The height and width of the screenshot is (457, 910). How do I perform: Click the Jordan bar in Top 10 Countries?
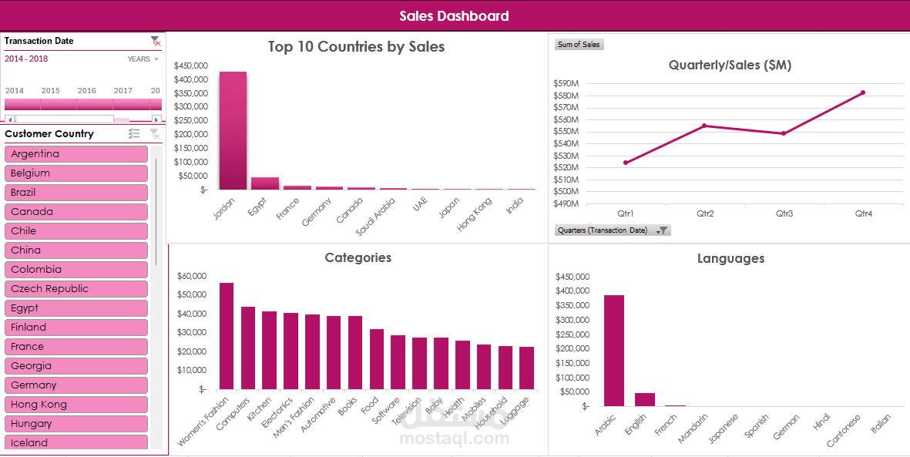coord(233,131)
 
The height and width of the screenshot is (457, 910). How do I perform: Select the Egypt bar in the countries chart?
coord(265,183)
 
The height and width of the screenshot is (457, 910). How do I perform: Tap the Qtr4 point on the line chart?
coord(863,92)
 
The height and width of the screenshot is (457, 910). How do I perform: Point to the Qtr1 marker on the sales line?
coord(626,163)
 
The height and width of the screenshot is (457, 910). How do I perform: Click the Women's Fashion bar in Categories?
coord(227,336)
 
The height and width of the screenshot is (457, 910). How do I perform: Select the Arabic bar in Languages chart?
coord(614,351)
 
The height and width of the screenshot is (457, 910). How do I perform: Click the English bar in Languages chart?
coord(645,399)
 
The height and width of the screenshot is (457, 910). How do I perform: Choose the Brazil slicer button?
coord(76,193)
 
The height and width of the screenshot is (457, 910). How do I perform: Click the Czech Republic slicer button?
coord(76,289)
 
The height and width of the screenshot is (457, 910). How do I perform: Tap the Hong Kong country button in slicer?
coord(76,405)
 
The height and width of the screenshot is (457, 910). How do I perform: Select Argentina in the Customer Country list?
coord(76,154)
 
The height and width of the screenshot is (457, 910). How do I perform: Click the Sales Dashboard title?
coord(455,15)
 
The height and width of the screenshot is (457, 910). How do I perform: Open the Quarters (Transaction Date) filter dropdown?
coord(662,230)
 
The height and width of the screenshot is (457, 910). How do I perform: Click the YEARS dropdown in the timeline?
coord(143,59)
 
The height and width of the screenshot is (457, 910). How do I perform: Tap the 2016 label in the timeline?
coord(87,91)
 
